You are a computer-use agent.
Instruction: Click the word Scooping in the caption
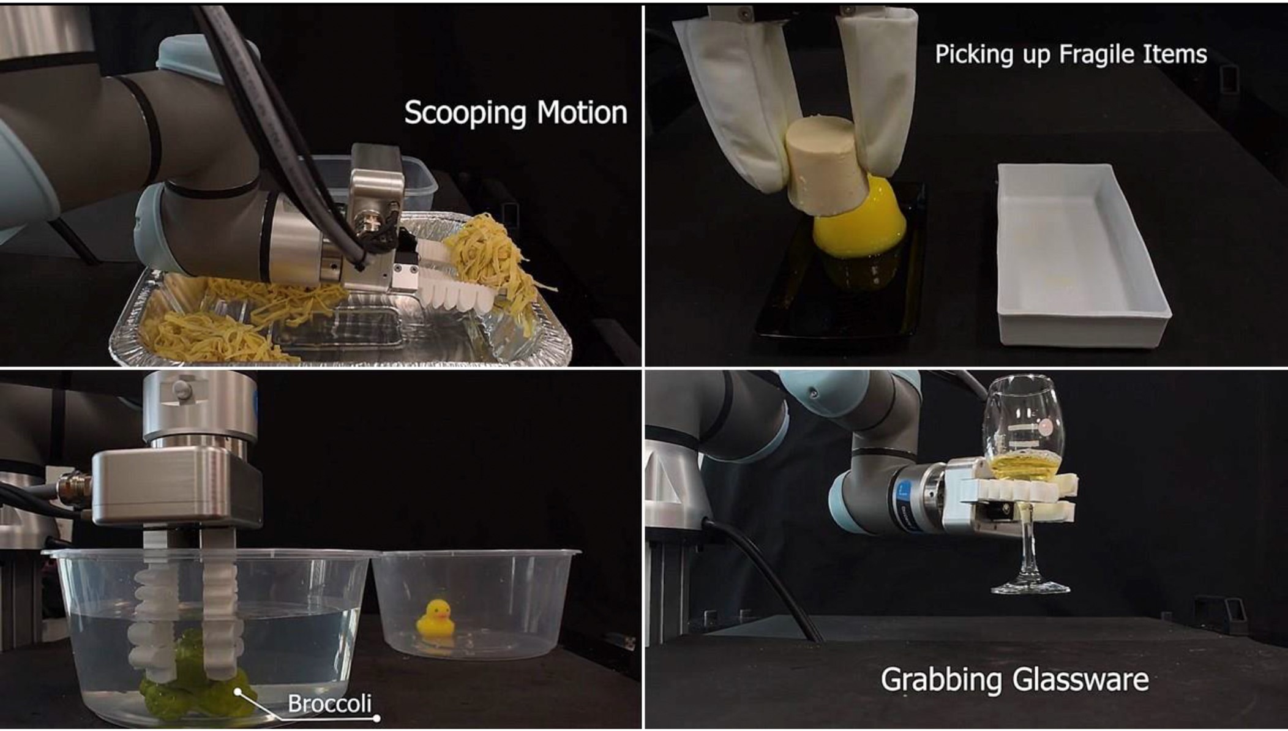coord(465,113)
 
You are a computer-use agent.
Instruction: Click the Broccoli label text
coord(329,703)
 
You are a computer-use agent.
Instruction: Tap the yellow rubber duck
coord(435,619)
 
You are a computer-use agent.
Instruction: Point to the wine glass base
coord(1030,588)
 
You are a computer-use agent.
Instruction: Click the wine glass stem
coord(1026,545)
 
